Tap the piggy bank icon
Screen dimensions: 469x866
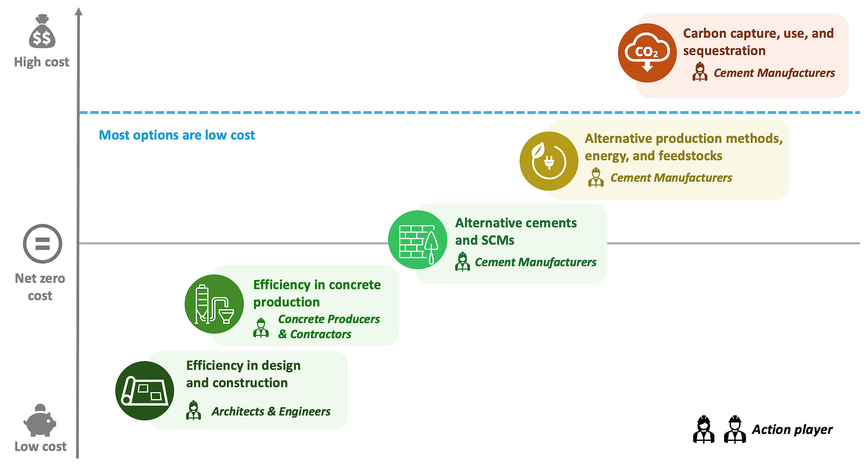(x=40, y=421)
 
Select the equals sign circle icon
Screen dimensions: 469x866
(x=42, y=244)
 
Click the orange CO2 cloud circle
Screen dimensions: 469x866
(x=647, y=53)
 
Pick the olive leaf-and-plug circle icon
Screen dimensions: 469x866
(x=549, y=161)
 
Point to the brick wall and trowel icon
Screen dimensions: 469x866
(x=418, y=240)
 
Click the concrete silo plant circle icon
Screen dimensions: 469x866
(x=214, y=304)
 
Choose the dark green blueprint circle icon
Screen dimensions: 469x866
(x=145, y=391)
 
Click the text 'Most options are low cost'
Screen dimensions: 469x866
(x=177, y=135)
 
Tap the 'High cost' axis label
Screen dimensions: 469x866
(x=41, y=62)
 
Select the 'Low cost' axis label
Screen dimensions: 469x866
(x=40, y=446)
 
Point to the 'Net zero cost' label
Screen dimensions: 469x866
(x=40, y=287)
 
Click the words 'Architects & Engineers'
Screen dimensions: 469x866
(x=271, y=411)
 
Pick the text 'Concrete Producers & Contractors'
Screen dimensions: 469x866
(x=328, y=326)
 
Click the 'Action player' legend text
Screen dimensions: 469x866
(x=792, y=429)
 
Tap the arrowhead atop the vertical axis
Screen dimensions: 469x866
(x=78, y=12)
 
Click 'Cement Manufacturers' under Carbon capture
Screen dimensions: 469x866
(x=774, y=73)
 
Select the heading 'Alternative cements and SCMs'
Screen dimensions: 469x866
(x=516, y=231)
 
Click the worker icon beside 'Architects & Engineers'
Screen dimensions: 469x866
(x=193, y=411)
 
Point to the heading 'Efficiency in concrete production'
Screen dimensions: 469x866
(x=317, y=293)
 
